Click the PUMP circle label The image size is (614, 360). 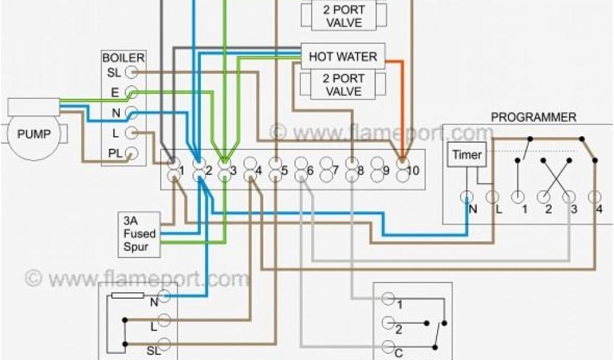[x=34, y=134]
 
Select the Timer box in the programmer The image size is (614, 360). [x=466, y=155]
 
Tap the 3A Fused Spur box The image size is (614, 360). [x=139, y=233]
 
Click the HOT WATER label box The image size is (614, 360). [x=342, y=56]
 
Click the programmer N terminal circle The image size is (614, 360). [x=466, y=196]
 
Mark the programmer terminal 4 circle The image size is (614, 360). [x=595, y=196]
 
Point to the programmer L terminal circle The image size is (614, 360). [x=492, y=196]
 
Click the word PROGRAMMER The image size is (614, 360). [x=533, y=117]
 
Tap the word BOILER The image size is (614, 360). [x=123, y=58]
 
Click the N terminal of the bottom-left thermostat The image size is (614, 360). [x=166, y=296]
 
